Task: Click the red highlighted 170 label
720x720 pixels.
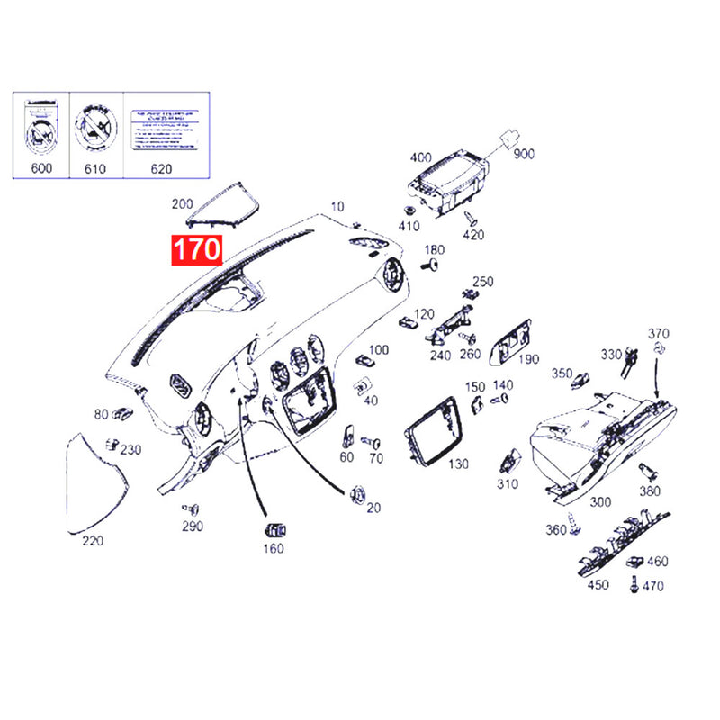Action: click(x=197, y=249)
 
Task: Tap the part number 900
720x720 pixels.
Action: click(x=523, y=155)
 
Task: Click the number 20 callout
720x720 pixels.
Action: click(x=373, y=508)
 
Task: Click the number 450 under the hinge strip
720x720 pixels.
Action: click(x=598, y=584)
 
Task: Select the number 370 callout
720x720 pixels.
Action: click(x=659, y=333)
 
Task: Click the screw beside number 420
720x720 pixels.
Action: click(x=470, y=217)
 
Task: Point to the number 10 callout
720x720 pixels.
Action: click(x=337, y=206)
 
